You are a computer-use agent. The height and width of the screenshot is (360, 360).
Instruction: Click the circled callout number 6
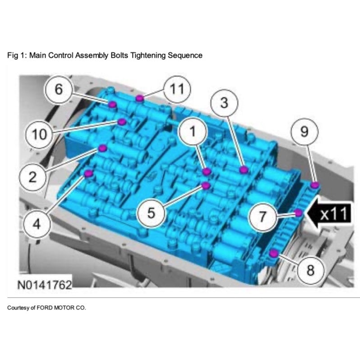click(x=59, y=89)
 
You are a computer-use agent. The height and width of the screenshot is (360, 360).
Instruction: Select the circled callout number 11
click(x=177, y=89)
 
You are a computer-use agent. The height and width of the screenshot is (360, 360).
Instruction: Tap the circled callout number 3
click(x=224, y=102)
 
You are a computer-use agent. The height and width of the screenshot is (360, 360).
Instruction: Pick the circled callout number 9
click(x=305, y=132)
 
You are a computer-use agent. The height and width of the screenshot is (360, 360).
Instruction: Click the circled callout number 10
click(x=39, y=134)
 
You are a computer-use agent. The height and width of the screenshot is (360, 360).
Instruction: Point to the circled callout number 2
click(x=32, y=177)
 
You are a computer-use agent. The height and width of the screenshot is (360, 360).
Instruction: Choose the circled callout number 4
click(x=37, y=224)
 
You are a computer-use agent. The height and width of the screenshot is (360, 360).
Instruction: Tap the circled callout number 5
click(x=151, y=213)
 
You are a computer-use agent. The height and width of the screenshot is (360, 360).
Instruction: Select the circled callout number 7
click(x=263, y=217)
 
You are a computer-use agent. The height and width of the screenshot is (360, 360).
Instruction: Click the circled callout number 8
click(x=310, y=270)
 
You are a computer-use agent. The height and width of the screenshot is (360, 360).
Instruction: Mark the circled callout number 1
click(x=193, y=131)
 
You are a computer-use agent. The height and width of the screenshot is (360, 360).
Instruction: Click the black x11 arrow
click(x=329, y=213)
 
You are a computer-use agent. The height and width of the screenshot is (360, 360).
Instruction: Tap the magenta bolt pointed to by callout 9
click(x=315, y=185)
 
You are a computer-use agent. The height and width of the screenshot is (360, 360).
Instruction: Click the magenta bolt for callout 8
click(x=273, y=254)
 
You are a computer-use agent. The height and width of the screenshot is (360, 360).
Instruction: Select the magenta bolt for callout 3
click(x=244, y=170)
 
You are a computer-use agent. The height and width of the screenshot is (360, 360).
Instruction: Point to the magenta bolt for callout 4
click(x=88, y=173)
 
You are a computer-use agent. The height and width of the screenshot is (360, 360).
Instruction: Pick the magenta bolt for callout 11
click(x=139, y=98)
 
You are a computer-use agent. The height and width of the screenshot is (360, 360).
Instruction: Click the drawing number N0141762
click(x=45, y=285)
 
